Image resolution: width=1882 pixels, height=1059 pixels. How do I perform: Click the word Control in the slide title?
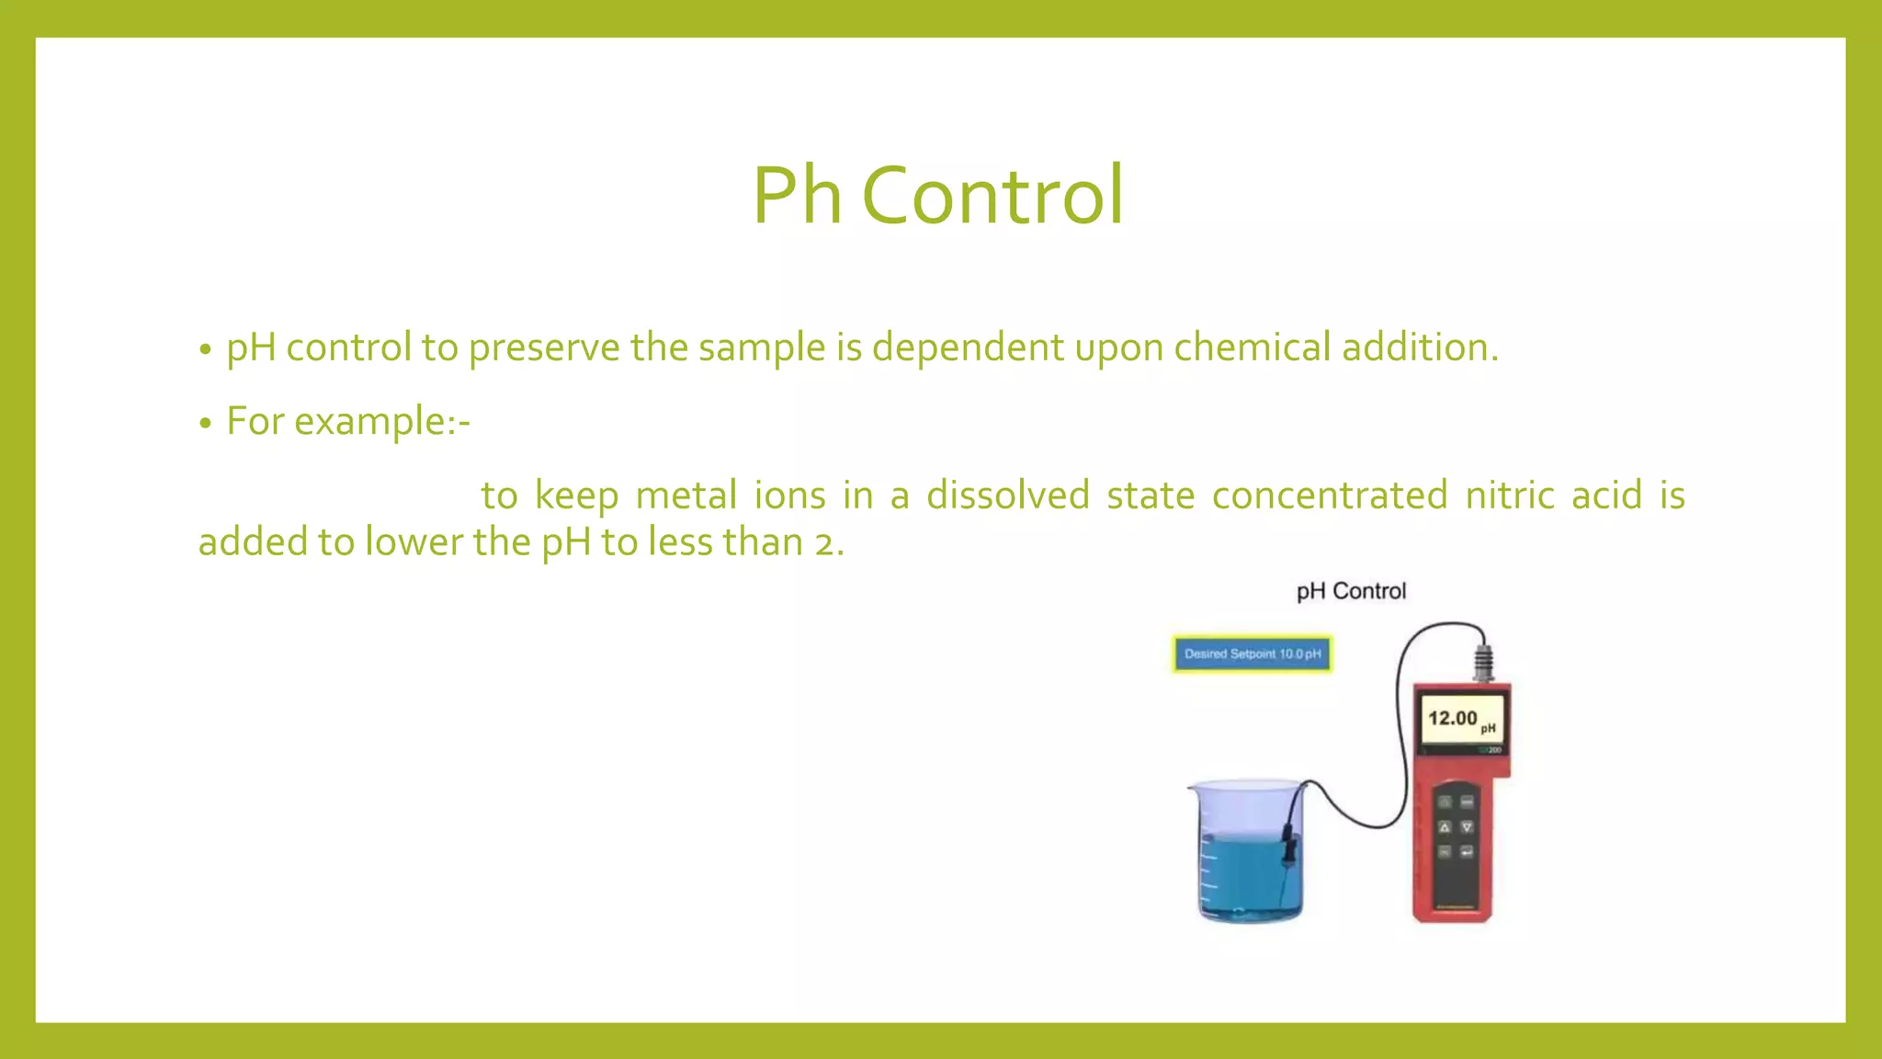coord(992,195)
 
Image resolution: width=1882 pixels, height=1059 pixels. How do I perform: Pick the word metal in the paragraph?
coord(686,495)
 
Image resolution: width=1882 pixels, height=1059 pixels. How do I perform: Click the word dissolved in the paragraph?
coord(1008,495)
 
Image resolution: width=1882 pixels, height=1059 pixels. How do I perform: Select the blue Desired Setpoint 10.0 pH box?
coord(1252,654)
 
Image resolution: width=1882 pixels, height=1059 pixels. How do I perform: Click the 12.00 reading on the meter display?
coord(1452,718)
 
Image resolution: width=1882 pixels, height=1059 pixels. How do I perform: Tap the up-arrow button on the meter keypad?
coord(1444,827)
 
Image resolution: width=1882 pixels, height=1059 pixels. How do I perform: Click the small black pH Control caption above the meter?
coord(1351,591)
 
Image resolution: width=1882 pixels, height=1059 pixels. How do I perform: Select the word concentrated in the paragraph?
coord(1330,495)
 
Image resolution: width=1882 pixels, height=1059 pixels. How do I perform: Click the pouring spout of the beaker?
coord(1193,789)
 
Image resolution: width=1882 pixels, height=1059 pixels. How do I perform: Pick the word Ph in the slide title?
coord(797,195)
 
